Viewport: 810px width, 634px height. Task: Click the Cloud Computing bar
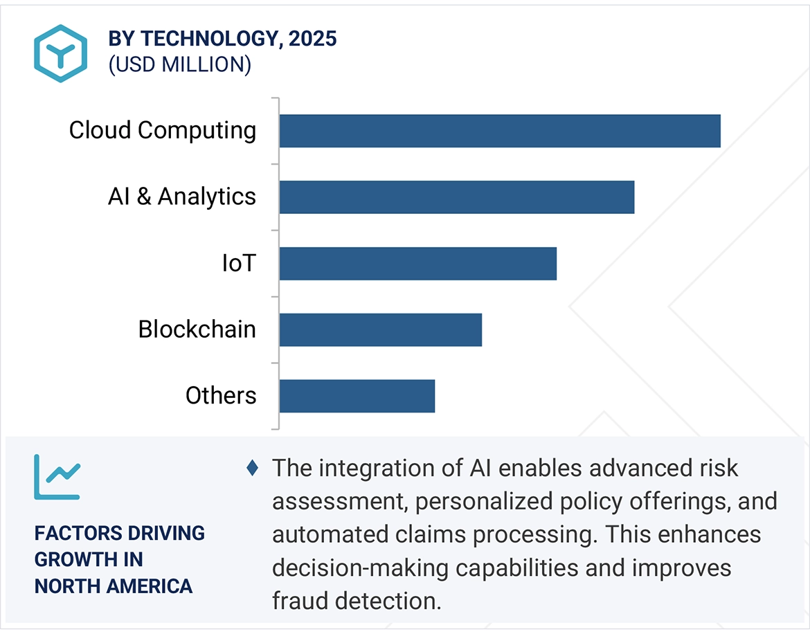pos(500,131)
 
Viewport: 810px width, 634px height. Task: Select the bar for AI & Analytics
pos(457,197)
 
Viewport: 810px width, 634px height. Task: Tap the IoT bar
pos(418,264)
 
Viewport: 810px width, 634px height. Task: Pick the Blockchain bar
pos(381,329)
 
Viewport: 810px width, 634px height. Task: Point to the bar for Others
pos(357,396)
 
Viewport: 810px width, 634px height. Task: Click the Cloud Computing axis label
pos(163,130)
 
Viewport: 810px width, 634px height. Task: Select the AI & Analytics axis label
pos(182,197)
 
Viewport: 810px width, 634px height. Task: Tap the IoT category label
pos(239,263)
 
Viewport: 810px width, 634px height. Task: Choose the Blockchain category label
pos(197,329)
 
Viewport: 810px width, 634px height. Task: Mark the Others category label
pos(221,395)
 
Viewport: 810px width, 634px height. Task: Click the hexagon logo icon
pos(61,53)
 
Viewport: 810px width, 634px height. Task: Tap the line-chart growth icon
pos(57,477)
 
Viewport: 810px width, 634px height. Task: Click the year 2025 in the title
pos(313,39)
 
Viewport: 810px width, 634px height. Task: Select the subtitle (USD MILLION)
pos(179,64)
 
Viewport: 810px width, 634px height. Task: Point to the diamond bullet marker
pos(252,468)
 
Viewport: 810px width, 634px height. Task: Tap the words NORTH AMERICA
pos(114,586)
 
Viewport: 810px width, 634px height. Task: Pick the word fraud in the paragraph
pos(302,601)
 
